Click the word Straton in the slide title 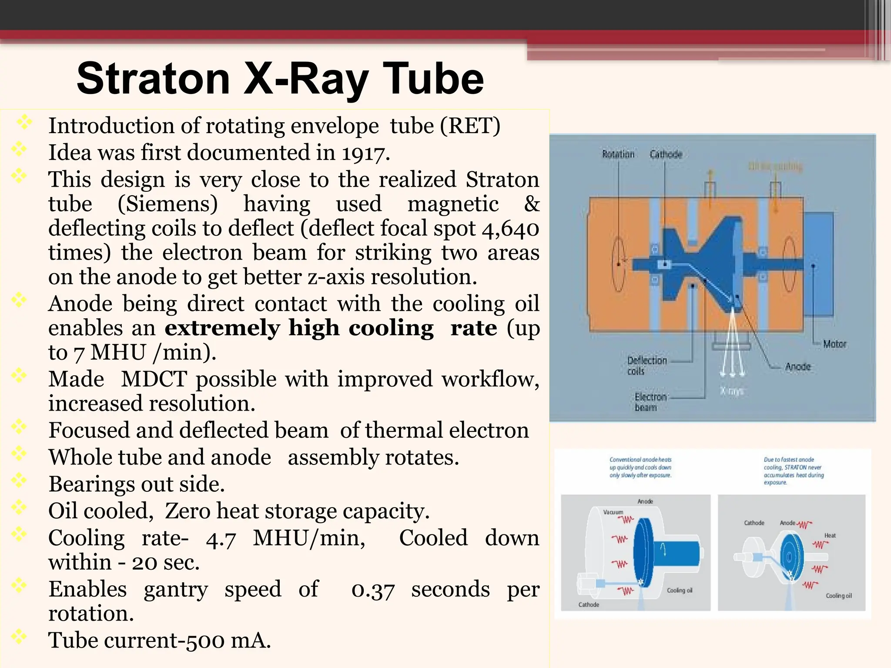coord(153,79)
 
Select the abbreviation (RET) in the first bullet coord(470,126)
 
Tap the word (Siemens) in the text coord(168,204)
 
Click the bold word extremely coord(222,328)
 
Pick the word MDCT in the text coord(154,379)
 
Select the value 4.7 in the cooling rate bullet coord(221,538)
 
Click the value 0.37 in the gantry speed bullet coord(373,590)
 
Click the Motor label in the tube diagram coord(834,344)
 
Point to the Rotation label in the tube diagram coord(618,154)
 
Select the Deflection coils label coord(646,365)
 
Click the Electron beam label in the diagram coord(650,402)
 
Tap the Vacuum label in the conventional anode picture coord(613,512)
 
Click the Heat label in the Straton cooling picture coord(830,535)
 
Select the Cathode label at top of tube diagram coord(666,154)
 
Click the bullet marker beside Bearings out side coord(19,481)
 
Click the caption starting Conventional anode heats coord(640,467)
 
